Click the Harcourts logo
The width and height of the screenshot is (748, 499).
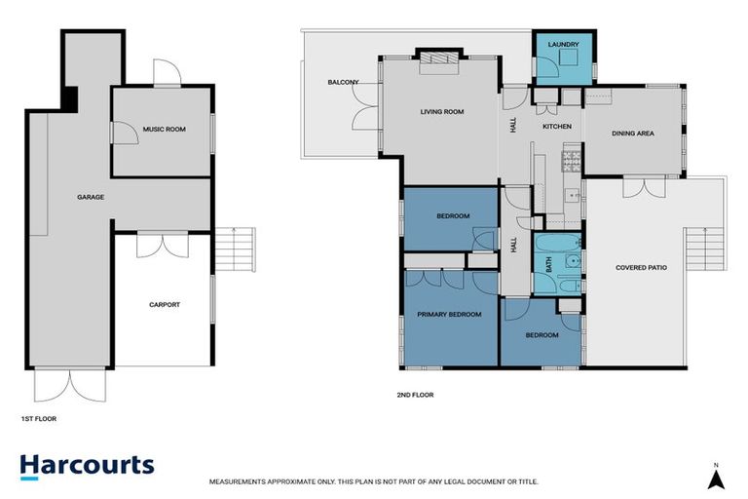[x=88, y=464]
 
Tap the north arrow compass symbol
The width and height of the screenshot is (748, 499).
[x=716, y=477]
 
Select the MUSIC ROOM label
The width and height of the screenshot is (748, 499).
[x=164, y=129]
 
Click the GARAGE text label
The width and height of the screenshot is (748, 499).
[x=91, y=197]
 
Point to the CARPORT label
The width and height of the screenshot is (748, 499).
[x=165, y=305]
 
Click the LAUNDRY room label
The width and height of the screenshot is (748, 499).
[x=564, y=45]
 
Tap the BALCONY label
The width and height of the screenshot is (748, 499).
[x=343, y=83]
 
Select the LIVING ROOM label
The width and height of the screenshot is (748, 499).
[x=441, y=112]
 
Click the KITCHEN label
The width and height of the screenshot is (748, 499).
[x=556, y=127]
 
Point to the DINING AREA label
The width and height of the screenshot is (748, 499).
[x=632, y=134]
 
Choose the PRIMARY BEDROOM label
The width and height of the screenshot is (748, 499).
[x=449, y=315]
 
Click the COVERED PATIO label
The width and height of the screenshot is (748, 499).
[x=641, y=268]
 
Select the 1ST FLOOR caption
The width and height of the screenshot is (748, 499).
[x=39, y=418]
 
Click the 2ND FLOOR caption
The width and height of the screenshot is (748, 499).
[x=414, y=396]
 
